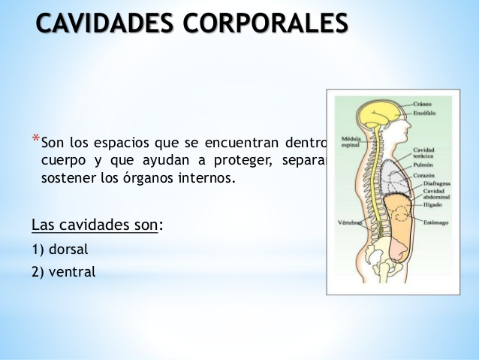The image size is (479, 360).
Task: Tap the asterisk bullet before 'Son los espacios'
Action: pos(35,138)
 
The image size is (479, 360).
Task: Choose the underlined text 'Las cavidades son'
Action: pos(95,225)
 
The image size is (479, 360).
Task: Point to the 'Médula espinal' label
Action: pos(351,142)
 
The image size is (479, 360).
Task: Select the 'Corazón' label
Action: pos(425,174)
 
